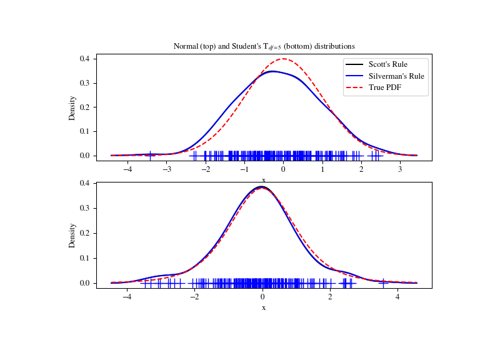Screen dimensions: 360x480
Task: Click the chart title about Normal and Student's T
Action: coord(263,46)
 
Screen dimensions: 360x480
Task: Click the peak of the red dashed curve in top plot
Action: coord(284,59)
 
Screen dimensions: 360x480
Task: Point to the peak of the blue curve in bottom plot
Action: coord(262,187)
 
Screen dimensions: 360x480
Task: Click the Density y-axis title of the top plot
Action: coord(72,107)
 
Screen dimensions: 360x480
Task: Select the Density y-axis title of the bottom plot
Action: coord(72,235)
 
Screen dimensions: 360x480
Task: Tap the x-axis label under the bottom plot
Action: coord(263,307)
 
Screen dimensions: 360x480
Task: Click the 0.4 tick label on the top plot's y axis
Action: coord(84,59)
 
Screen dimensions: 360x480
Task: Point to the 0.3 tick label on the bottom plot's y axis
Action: coord(84,208)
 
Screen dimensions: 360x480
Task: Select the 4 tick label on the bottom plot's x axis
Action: coord(397,297)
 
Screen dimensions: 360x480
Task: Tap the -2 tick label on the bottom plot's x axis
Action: coord(194,297)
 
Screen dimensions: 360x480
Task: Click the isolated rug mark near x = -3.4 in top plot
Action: coord(150,156)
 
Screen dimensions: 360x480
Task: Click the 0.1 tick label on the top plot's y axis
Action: coord(84,132)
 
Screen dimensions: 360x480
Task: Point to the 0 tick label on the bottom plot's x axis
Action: coord(263,297)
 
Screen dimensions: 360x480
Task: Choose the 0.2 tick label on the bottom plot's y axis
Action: coord(84,233)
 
